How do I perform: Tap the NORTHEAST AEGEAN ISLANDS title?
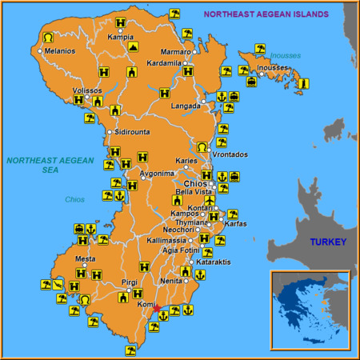point(266,14)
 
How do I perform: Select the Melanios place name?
point(60,51)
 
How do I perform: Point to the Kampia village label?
point(120,37)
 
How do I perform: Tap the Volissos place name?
point(87,90)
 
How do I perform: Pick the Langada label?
point(186,105)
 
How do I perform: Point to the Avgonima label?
point(157,174)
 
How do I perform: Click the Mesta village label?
point(85,259)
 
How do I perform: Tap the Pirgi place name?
point(129,282)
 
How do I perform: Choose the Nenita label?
point(171,281)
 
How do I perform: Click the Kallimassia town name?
point(166,240)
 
